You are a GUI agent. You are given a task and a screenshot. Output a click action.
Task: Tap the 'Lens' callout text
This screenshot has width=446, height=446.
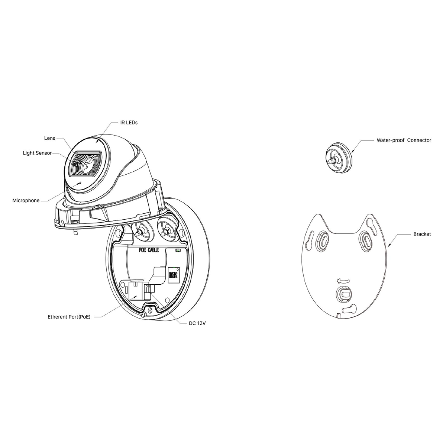coord(49,138)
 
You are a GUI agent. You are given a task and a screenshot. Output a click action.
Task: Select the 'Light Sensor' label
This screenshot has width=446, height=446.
coord(37,153)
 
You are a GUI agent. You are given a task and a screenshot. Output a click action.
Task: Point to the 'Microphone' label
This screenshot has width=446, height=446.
coord(26,200)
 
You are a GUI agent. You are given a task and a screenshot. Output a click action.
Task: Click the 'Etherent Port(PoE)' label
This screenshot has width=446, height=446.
coord(69,317)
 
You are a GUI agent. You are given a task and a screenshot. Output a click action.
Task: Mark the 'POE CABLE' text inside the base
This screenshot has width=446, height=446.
coord(148,250)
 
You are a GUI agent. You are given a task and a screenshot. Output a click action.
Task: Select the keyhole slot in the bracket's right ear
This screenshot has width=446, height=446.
coord(371,226)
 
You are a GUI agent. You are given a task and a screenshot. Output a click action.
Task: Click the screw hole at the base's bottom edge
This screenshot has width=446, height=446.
coord(151,310)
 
